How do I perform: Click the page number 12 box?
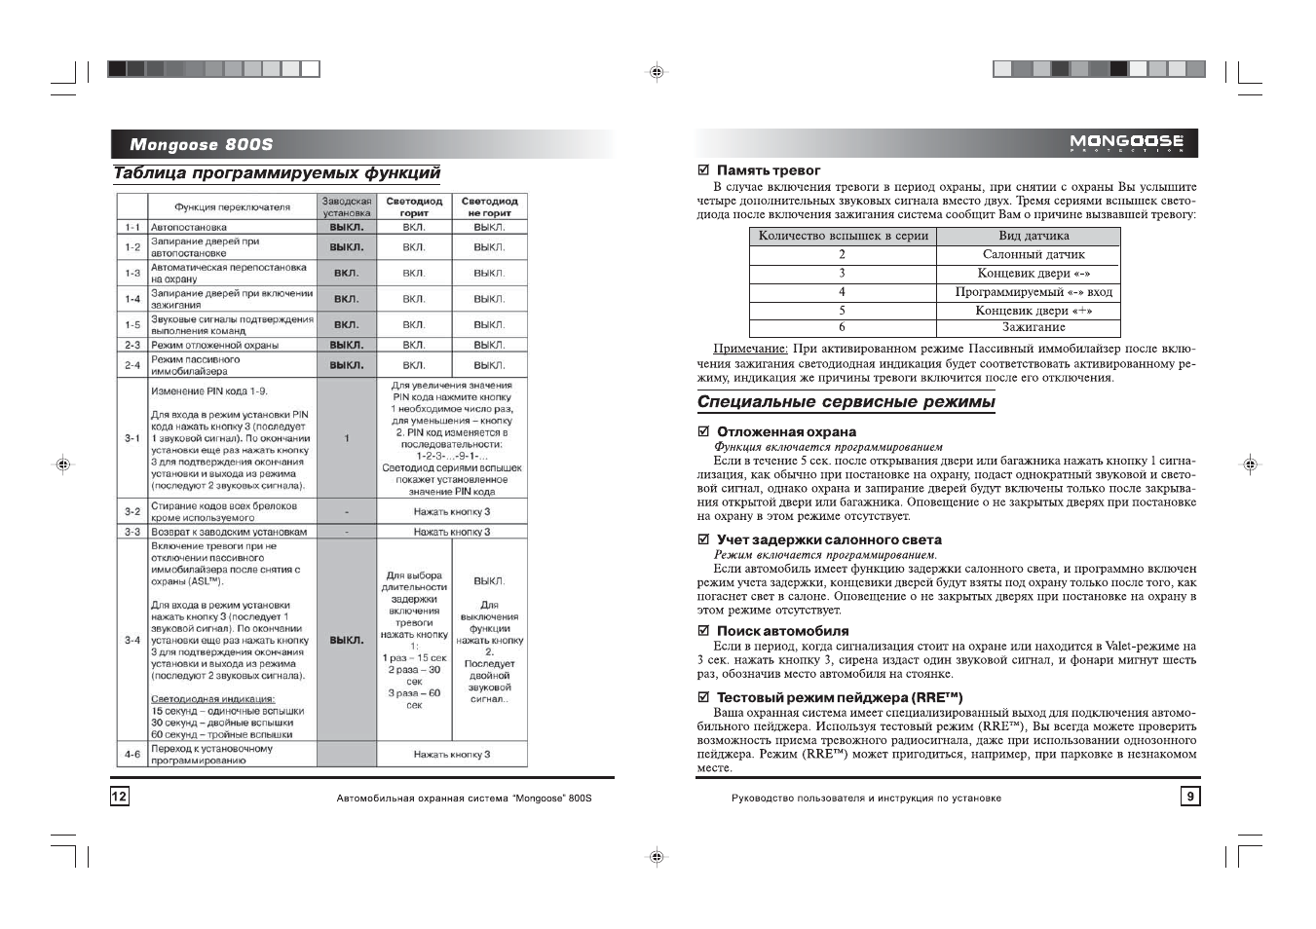pyautogui.click(x=119, y=797)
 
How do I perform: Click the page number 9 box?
pyautogui.click(x=1189, y=797)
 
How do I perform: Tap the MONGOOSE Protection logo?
pyautogui.click(x=1126, y=144)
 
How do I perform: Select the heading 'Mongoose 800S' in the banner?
pyautogui.click(x=202, y=145)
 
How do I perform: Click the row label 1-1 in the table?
pyautogui.click(x=132, y=227)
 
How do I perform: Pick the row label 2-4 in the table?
pyautogui.click(x=132, y=365)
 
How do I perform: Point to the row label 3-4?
pyautogui.click(x=132, y=640)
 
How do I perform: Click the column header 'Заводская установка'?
pyautogui.click(x=347, y=206)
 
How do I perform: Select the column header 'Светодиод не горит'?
pyautogui.click(x=489, y=206)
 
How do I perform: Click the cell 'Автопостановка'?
pyautogui.click(x=189, y=227)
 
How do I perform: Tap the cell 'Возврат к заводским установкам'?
pyautogui.click(x=229, y=532)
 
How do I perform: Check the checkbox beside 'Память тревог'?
pyautogui.click(x=703, y=170)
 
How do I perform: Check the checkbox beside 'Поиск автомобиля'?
pyautogui.click(x=703, y=631)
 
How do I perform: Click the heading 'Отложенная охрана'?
pyautogui.click(x=786, y=431)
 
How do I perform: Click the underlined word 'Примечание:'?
pyautogui.click(x=750, y=349)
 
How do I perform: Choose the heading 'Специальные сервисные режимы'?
pyautogui.click(x=846, y=402)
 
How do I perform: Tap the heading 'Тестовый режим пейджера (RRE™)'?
pyautogui.click(x=840, y=697)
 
